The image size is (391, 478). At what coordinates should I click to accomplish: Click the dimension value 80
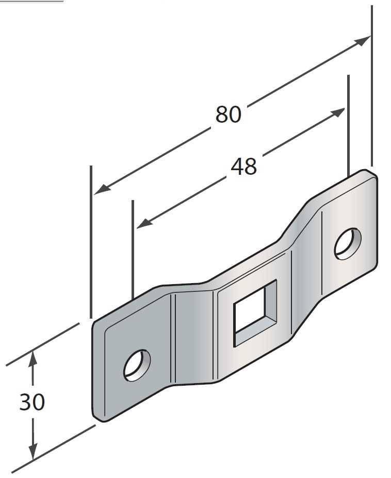[228, 114]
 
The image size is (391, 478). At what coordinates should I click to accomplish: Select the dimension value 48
[243, 166]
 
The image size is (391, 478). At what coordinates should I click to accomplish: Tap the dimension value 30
[32, 402]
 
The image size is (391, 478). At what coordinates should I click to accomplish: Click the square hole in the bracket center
[255, 312]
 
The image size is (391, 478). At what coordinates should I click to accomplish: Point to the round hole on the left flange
[137, 366]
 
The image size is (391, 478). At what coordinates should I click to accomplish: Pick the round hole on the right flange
[347, 243]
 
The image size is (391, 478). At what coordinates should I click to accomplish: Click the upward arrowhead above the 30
[33, 357]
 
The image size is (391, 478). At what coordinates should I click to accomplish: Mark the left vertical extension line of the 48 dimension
[133, 248]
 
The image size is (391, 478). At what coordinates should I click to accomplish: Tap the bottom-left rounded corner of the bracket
[99, 416]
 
